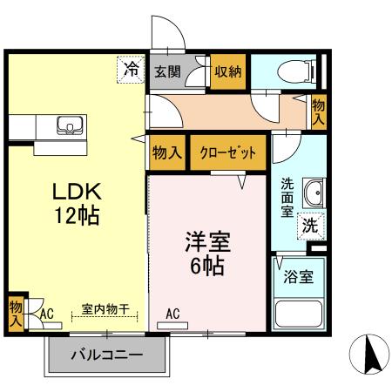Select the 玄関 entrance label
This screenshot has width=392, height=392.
167,72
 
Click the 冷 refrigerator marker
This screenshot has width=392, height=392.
131,68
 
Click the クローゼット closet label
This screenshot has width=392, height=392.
227,154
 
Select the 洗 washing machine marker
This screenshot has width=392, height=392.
310,224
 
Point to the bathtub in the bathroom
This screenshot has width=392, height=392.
298,316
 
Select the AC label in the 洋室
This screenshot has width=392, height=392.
172,314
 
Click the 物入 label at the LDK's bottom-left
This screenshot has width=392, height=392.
16,313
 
